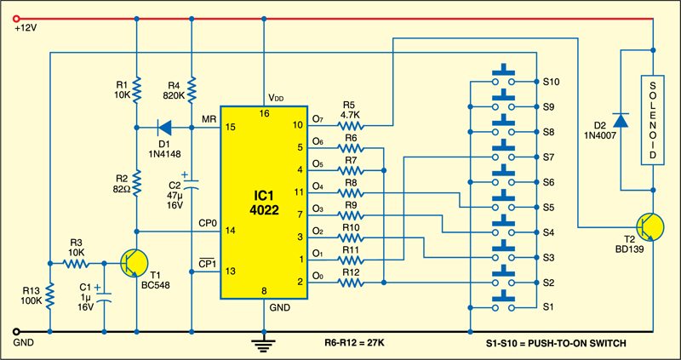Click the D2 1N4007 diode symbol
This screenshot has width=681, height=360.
point(622,119)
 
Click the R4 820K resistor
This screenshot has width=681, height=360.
point(192,88)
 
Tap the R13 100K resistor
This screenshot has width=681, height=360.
point(49,297)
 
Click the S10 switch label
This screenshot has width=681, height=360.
point(551,83)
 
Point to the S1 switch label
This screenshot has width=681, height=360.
point(548,306)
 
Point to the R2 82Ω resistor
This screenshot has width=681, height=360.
point(137,181)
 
